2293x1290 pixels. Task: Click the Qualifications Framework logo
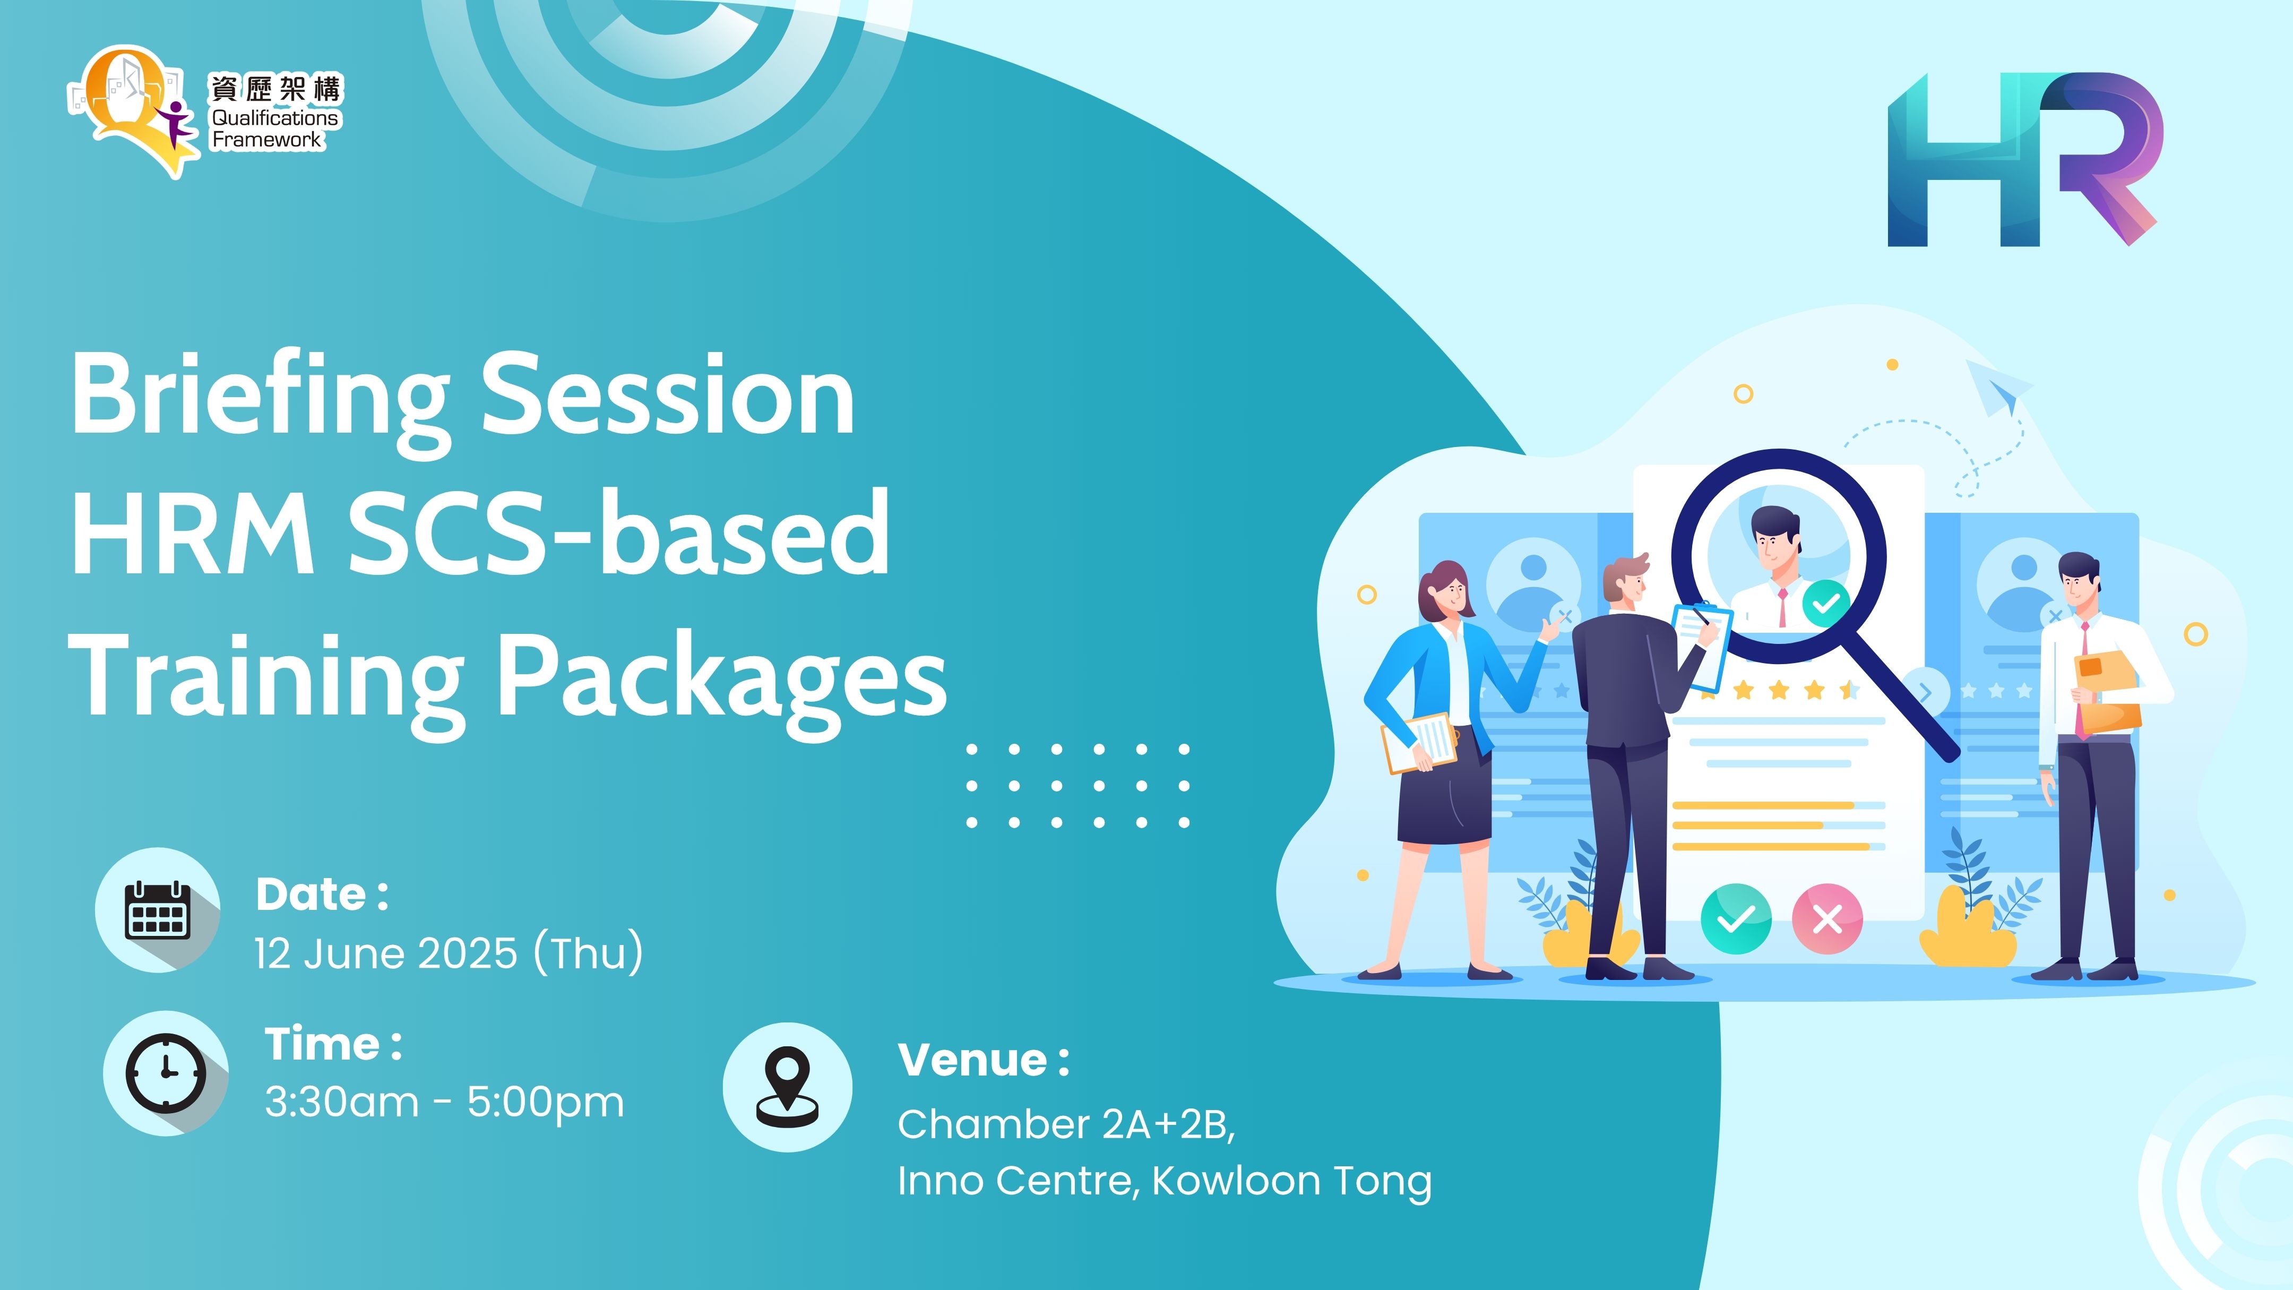pyautogui.click(x=205, y=111)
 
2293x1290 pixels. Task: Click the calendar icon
pyautogui.click(x=158, y=910)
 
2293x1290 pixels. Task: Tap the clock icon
pyautogui.click(x=166, y=1073)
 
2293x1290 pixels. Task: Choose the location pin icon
pyautogui.click(x=787, y=1087)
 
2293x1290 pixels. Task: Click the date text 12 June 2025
pyautogui.click(x=385, y=953)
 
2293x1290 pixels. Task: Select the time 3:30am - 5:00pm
pyautogui.click(x=444, y=1102)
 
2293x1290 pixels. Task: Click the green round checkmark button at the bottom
pyautogui.click(x=1736, y=919)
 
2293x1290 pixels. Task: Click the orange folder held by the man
pyautogui.click(x=2107, y=692)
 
